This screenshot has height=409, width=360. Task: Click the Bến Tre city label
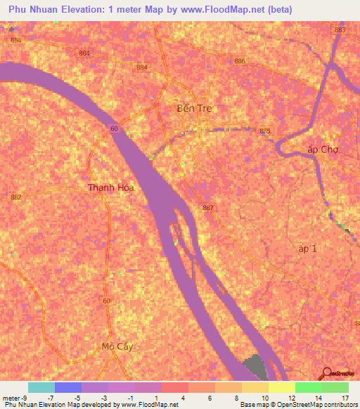[193, 108]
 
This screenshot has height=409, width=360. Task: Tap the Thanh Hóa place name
[111, 188]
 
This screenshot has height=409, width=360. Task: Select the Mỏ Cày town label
[117, 347]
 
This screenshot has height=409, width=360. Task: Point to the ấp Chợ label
[323, 150]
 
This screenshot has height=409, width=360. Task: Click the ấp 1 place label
[308, 249]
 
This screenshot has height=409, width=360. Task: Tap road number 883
[341, 30]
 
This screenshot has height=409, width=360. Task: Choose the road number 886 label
[240, 62]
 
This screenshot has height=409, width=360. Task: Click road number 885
[265, 131]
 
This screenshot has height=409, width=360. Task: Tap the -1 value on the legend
[129, 398]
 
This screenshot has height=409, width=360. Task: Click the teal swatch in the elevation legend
[41, 387]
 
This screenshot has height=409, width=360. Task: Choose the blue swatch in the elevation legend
[68, 387]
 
